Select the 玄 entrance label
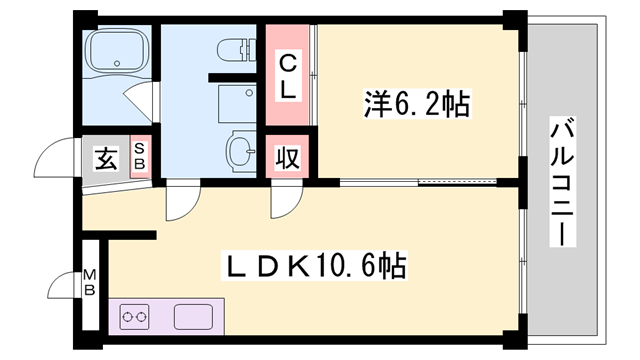(x=105, y=157)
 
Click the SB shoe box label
(x=140, y=156)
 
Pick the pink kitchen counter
(x=165, y=319)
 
